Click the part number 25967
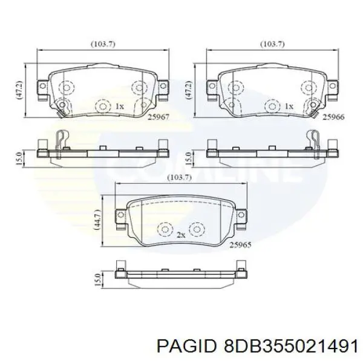tap(159, 117)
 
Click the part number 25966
tap(333, 117)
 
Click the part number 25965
tap(240, 244)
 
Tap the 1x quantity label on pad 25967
tap(120, 106)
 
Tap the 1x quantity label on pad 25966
tap(289, 106)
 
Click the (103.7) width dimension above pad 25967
tap(103, 44)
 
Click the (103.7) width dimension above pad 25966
tap(272, 44)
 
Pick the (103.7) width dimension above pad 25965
tap(180, 177)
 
